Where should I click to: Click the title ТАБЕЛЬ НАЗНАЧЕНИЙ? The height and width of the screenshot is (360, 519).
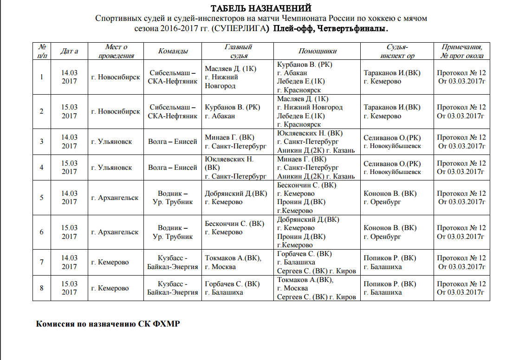click(x=261, y=8)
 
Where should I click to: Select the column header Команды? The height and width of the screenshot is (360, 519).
click(x=173, y=51)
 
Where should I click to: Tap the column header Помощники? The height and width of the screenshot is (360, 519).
click(x=317, y=51)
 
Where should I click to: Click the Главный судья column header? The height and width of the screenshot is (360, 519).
click(x=238, y=51)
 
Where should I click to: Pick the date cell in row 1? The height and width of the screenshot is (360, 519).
click(x=69, y=77)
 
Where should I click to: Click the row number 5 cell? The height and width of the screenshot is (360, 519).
click(x=42, y=198)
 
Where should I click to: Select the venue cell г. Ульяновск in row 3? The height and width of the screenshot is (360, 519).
click(x=116, y=141)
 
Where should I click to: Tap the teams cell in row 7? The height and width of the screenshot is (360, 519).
click(x=173, y=262)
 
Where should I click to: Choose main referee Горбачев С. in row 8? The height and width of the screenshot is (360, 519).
click(x=232, y=284)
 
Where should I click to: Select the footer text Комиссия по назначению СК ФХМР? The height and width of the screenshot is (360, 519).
click(x=108, y=324)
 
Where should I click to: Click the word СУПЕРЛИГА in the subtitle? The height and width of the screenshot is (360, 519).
click(x=240, y=29)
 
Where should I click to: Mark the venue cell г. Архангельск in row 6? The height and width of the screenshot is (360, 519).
click(x=116, y=232)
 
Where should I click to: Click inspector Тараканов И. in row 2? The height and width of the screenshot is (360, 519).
click(x=392, y=107)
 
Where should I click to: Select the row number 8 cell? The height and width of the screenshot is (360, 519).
click(x=42, y=288)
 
